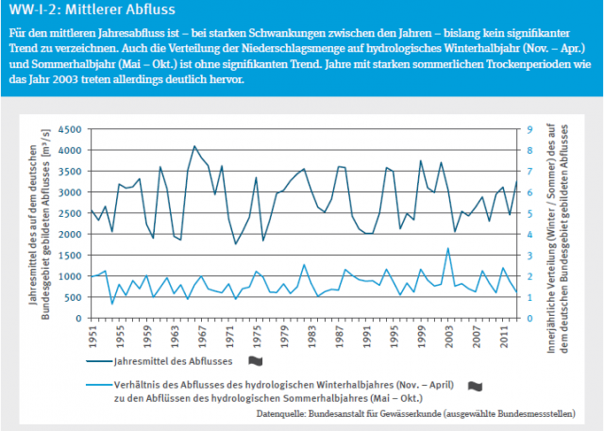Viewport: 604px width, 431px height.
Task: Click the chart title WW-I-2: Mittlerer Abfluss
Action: (75, 12)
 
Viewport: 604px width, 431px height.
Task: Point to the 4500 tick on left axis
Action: (69, 128)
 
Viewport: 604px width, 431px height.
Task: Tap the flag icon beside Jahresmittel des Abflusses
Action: (254, 359)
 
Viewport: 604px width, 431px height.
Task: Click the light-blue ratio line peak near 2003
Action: (447, 248)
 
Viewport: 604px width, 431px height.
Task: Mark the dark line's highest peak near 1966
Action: (194, 146)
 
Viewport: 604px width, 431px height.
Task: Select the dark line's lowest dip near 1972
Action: (236, 244)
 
